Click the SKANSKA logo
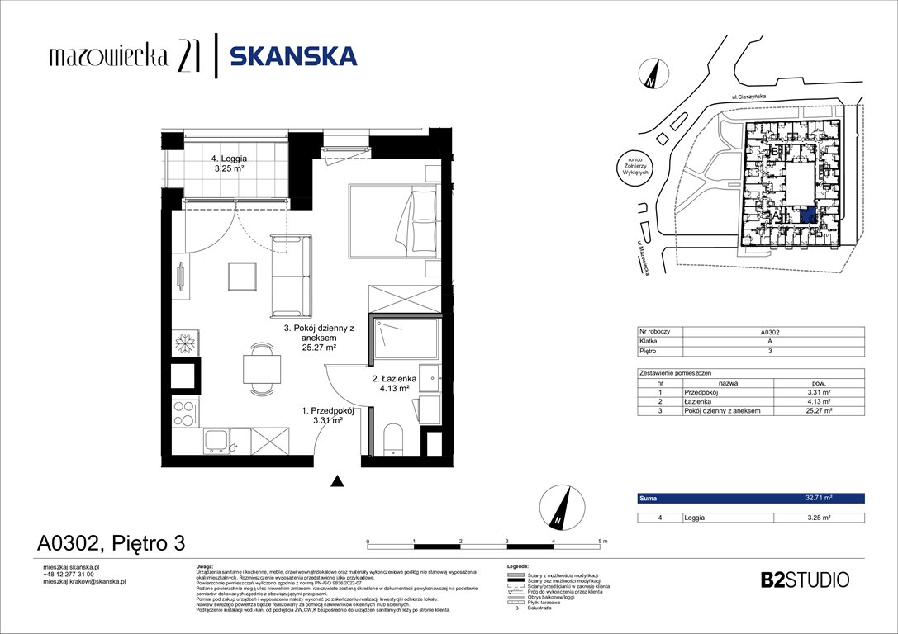[292, 56]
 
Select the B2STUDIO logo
[804, 580]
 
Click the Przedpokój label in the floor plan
[327, 415]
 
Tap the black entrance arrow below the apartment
[336, 480]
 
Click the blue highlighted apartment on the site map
[808, 215]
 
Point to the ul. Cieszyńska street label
[750, 97]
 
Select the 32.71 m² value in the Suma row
[818, 499]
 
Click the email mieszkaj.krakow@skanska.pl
[83, 581]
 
